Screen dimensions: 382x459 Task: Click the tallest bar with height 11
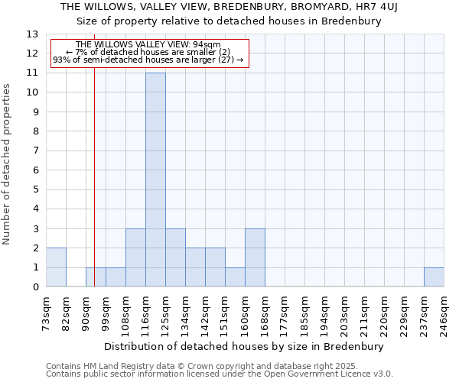pos(155,180)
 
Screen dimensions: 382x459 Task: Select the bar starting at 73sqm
pos(56,267)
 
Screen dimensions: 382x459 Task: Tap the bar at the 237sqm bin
pos(434,277)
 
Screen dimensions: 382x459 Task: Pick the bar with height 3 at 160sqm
pos(255,257)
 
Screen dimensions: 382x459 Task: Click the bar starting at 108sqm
pos(135,257)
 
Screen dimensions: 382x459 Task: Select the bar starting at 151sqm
pos(235,277)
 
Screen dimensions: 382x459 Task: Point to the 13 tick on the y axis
pos(32,34)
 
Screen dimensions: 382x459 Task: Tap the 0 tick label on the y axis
pos(35,287)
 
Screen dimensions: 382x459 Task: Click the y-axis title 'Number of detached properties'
pos(7,164)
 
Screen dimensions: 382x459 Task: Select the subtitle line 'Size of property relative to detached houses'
pos(229,21)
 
